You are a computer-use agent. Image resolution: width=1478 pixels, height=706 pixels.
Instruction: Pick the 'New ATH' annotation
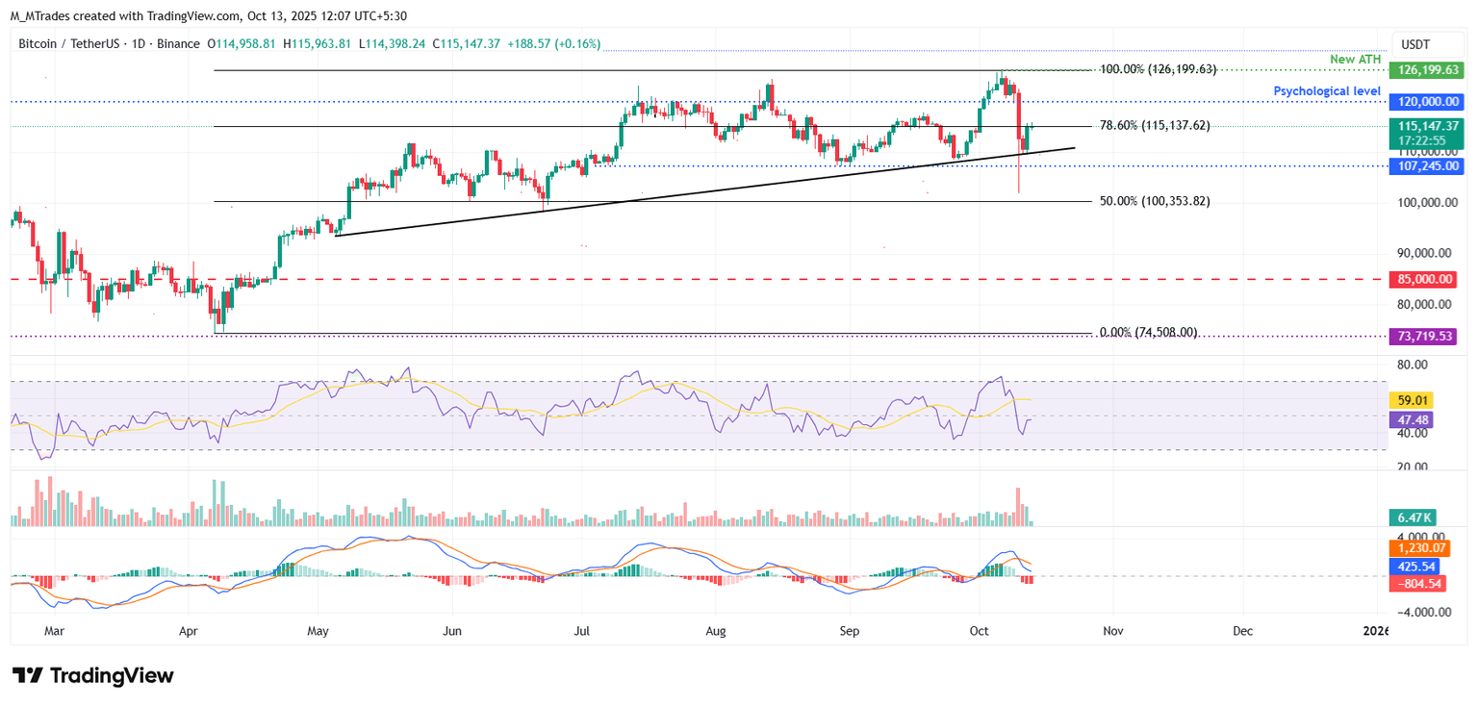point(1355,60)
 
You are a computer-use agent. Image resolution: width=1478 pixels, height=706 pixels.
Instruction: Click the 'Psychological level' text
point(1327,90)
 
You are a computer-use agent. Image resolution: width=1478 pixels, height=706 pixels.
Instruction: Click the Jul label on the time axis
point(581,631)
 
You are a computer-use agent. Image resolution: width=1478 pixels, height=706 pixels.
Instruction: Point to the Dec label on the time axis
point(1242,631)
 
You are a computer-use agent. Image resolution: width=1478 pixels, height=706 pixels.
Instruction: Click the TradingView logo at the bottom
point(93,675)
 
